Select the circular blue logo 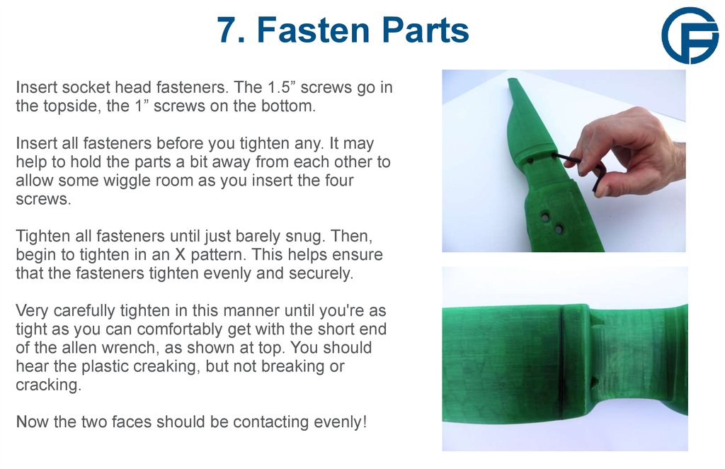pos(690,36)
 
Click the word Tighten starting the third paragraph pos(42,235)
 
